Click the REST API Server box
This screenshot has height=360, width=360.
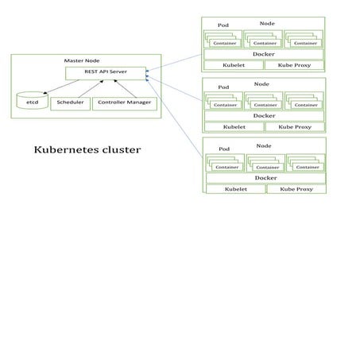click(x=107, y=73)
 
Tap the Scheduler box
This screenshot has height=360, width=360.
click(x=71, y=103)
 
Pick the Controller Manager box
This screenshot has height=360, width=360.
click(x=125, y=103)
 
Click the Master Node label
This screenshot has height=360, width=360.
click(x=80, y=60)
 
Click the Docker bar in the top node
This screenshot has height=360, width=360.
click(x=263, y=54)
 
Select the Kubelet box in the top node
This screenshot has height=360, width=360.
click(x=234, y=65)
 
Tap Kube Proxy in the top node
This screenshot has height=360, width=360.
click(x=294, y=65)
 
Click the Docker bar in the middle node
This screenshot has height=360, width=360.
click(x=263, y=115)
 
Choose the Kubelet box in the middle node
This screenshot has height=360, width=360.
click(x=234, y=126)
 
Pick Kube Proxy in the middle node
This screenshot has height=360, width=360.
click(x=294, y=126)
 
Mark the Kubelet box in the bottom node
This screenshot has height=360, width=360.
click(x=235, y=189)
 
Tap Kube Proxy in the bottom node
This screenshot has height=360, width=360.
click(x=295, y=189)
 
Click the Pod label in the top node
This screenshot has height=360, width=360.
click(x=223, y=25)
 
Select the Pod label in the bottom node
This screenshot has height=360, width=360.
click(x=224, y=149)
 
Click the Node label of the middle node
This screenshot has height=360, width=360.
click(x=261, y=83)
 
